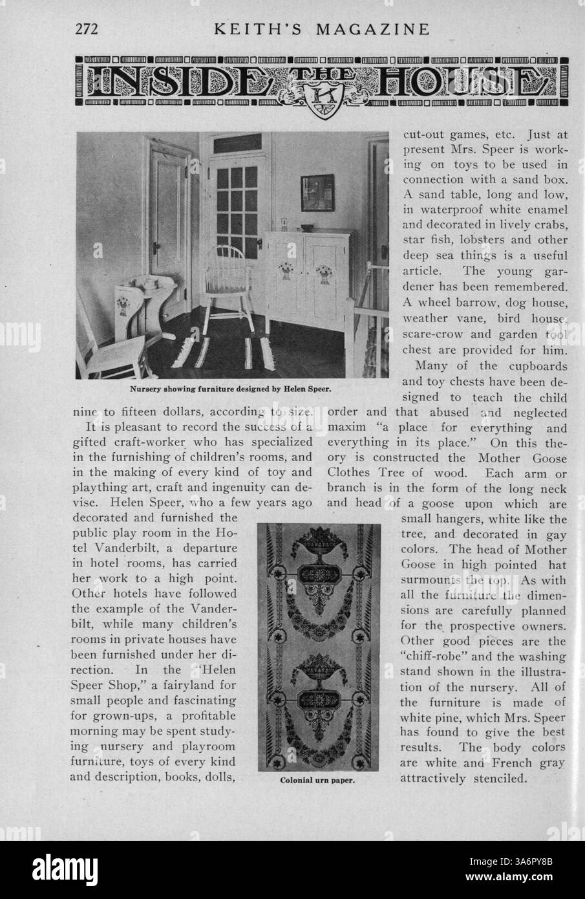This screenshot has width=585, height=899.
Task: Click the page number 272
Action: tap(85, 29)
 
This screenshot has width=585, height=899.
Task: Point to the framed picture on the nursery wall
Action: tap(317, 193)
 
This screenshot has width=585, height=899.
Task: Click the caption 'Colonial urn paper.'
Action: tap(319, 780)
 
